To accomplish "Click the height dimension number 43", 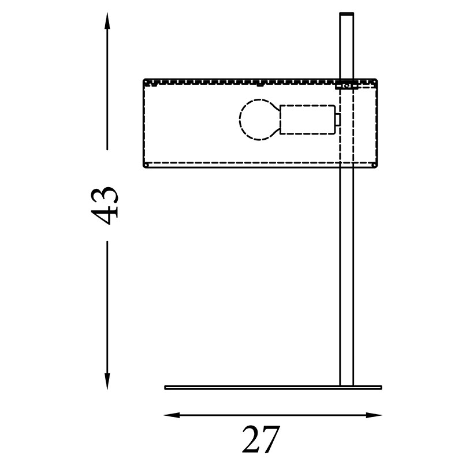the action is coord(105,206).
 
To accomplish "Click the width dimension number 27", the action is coord(261,439).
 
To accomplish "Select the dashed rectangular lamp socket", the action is coord(307,120).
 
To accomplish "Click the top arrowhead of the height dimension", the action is coord(107,21).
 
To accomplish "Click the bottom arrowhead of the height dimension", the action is coord(107,381).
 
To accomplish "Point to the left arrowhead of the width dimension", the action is coord(172,415).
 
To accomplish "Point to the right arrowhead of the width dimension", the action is coord(374,415).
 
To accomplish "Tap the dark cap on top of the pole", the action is coord(347,14).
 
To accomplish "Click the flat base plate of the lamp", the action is coord(273,388).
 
